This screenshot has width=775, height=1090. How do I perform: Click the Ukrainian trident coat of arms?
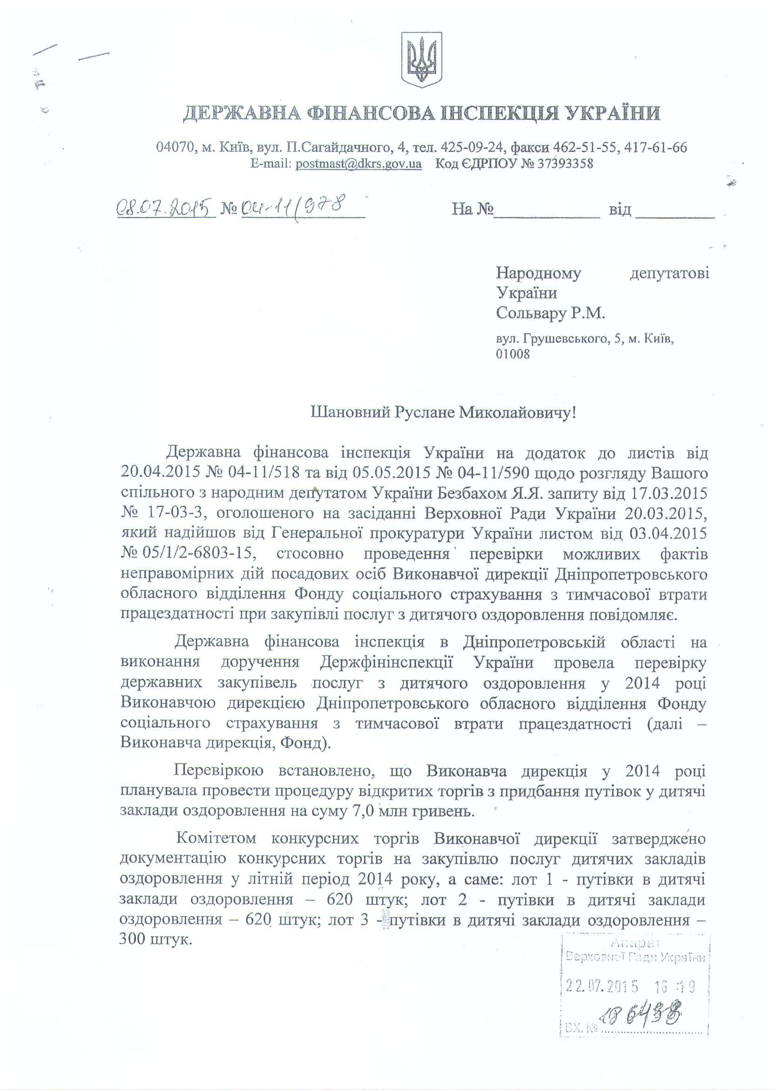point(421,60)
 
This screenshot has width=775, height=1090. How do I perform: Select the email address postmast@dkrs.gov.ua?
point(358,164)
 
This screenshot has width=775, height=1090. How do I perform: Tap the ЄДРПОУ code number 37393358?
point(565,164)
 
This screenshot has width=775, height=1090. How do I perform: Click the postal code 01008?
point(512,354)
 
